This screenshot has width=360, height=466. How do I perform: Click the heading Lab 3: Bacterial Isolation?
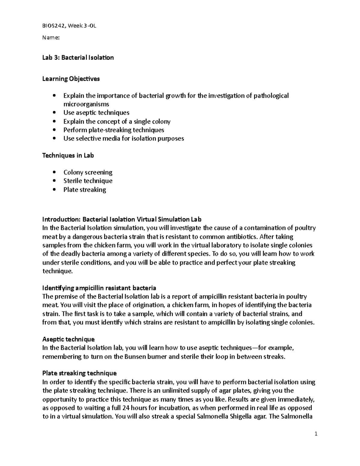click(x=78, y=57)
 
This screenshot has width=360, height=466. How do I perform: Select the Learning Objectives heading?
click(x=71, y=79)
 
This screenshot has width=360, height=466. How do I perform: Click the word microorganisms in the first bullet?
click(x=86, y=104)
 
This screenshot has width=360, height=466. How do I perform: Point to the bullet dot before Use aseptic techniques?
click(x=54, y=113)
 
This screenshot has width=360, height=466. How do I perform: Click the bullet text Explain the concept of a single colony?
click(x=117, y=122)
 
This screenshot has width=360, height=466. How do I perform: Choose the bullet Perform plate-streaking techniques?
click(x=114, y=130)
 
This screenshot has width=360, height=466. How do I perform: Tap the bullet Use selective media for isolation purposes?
click(x=124, y=138)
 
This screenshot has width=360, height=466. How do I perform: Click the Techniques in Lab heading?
click(x=68, y=155)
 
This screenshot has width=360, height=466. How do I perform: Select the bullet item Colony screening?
click(x=88, y=172)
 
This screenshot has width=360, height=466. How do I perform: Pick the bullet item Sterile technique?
click(x=88, y=181)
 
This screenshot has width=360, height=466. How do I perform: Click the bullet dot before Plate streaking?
click(x=54, y=190)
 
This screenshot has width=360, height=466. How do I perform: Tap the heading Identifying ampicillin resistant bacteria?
click(x=99, y=288)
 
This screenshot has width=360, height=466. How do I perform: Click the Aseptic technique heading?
click(x=68, y=339)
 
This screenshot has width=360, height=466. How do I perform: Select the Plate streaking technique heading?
click(x=79, y=373)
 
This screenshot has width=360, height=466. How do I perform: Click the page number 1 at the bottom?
click(x=316, y=434)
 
